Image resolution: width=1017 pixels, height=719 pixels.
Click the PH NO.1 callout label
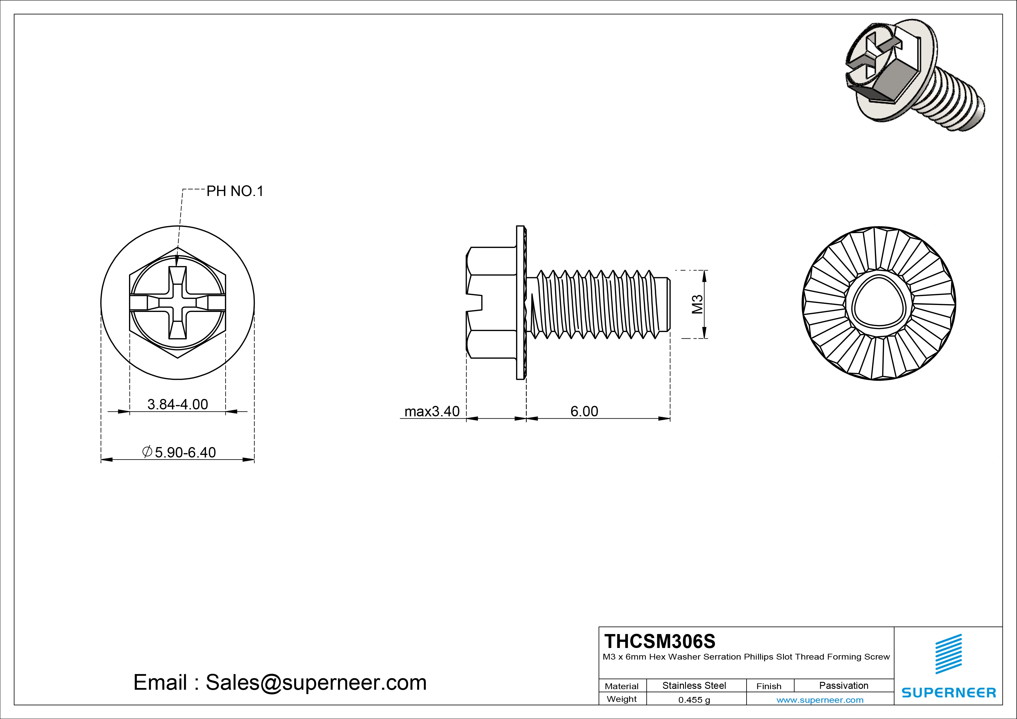235,191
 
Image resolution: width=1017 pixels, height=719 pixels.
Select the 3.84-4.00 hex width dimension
178,404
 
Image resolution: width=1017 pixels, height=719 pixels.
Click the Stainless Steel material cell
694,685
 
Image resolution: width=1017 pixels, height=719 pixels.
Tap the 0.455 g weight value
694,700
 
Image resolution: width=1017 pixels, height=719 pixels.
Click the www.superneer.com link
820,700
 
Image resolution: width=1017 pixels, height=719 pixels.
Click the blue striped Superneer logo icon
948,654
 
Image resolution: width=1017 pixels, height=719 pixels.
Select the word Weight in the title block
622,699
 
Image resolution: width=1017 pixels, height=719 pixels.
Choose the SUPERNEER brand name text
948,692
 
